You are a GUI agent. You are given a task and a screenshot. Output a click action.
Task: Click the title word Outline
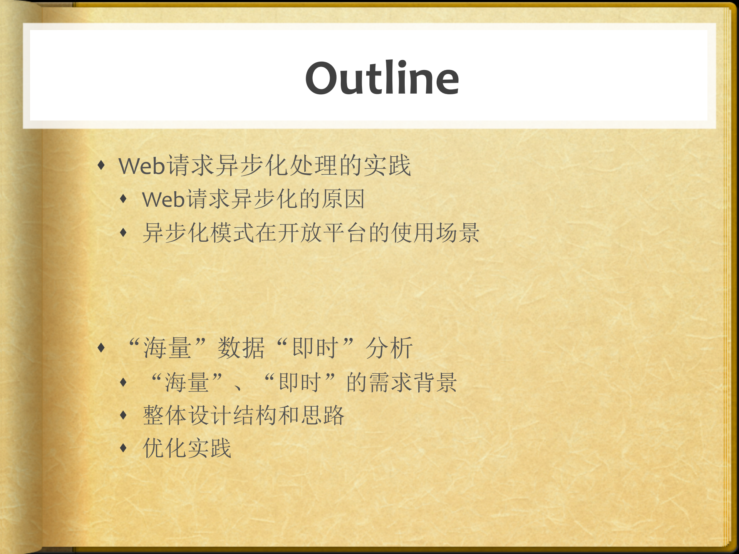382,78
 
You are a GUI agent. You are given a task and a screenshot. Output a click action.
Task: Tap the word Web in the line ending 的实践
142,166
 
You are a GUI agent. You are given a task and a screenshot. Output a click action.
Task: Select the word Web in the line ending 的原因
163,199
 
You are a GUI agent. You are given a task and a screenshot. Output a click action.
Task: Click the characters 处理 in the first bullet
315,166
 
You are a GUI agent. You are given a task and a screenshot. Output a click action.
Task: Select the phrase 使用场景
436,233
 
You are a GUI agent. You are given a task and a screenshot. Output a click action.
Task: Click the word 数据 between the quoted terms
241,348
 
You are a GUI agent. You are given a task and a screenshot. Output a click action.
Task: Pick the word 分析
389,348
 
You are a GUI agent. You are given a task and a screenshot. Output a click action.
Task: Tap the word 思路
322,415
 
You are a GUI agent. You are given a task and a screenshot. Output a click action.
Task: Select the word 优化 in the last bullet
165,448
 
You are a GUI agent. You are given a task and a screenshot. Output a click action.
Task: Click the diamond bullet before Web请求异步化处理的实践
101,166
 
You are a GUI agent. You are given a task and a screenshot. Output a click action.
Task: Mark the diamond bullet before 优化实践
123,448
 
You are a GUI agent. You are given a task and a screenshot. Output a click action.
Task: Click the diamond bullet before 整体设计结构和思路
123,415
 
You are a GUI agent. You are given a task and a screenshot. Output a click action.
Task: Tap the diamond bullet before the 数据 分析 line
101,348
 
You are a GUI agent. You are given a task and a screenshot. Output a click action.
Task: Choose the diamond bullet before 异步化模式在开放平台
123,233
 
